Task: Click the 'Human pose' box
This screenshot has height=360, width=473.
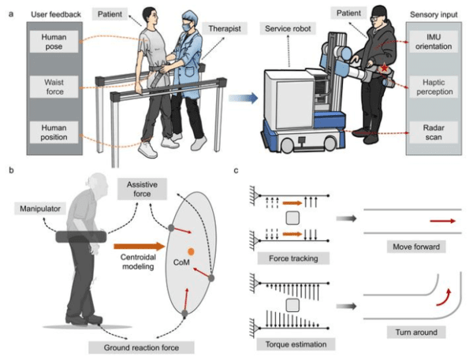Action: tap(54, 42)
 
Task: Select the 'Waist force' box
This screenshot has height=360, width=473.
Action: tap(54, 87)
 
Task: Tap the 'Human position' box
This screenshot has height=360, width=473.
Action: tap(54, 132)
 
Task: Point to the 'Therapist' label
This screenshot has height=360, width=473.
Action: tap(225, 28)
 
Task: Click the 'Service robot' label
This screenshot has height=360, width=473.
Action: tap(288, 28)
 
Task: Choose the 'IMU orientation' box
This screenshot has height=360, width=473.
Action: tap(434, 42)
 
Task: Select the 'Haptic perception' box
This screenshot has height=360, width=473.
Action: tap(434, 87)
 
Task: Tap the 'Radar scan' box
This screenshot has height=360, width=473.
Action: tap(434, 132)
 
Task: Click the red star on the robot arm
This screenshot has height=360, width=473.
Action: tap(385, 68)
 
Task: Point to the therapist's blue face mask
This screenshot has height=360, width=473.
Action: tap(186, 27)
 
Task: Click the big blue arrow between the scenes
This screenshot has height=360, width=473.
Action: tap(243, 98)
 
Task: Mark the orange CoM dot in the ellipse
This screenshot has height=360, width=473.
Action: tap(191, 251)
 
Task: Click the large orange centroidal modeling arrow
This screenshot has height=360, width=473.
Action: tap(140, 247)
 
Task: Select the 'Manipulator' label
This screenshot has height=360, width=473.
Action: tap(40, 209)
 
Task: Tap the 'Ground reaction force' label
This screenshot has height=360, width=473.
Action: tap(141, 347)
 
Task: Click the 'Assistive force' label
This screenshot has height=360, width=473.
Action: tap(142, 189)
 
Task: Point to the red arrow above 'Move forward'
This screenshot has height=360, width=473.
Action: tap(443, 221)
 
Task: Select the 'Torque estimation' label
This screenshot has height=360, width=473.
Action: tap(296, 344)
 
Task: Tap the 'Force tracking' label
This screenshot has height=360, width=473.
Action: tap(293, 258)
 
